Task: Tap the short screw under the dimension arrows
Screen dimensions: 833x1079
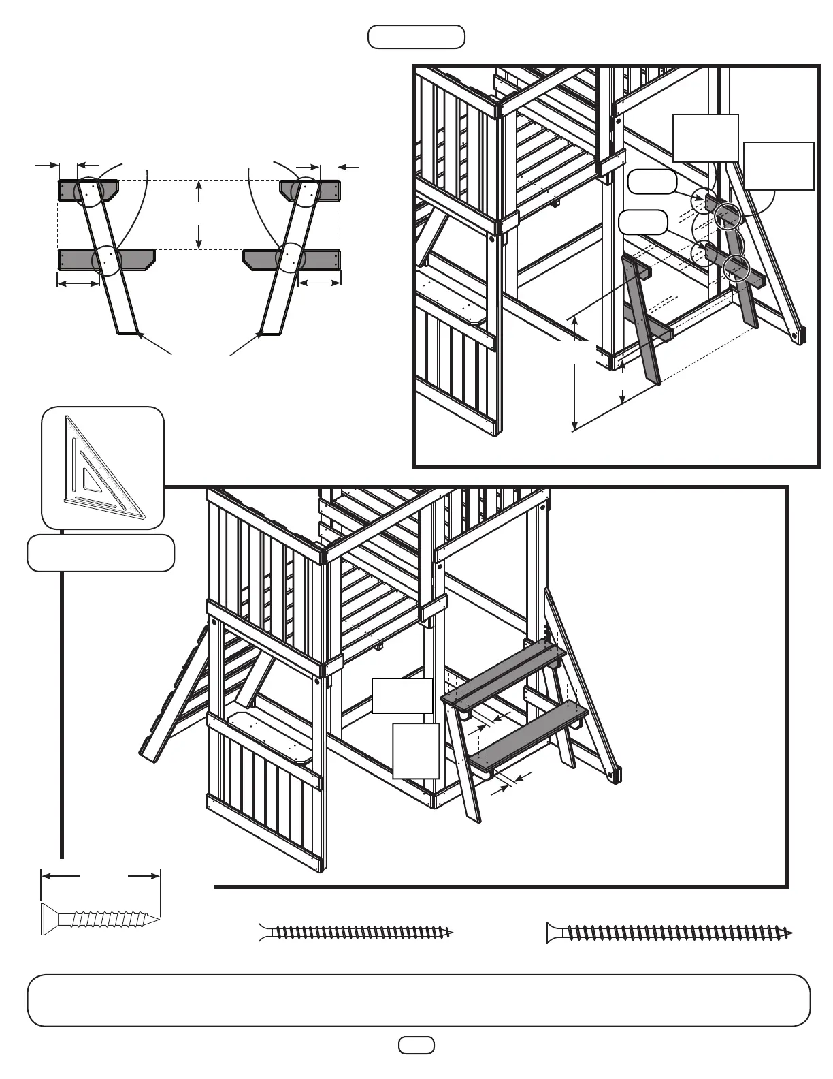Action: (x=101, y=920)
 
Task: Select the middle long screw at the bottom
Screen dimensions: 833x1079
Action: (x=355, y=932)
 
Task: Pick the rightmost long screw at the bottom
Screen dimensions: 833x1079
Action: (x=670, y=933)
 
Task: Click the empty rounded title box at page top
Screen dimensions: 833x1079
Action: (x=416, y=37)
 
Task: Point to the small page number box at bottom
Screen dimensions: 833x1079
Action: (x=416, y=1045)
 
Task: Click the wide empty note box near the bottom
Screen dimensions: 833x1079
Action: (x=419, y=1000)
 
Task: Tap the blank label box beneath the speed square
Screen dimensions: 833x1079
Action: (x=101, y=553)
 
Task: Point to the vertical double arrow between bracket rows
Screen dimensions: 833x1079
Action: (x=199, y=215)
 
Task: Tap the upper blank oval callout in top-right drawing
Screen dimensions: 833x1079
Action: (x=651, y=181)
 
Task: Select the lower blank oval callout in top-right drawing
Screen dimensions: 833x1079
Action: (x=642, y=222)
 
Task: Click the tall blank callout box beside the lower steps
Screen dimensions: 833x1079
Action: (x=416, y=751)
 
